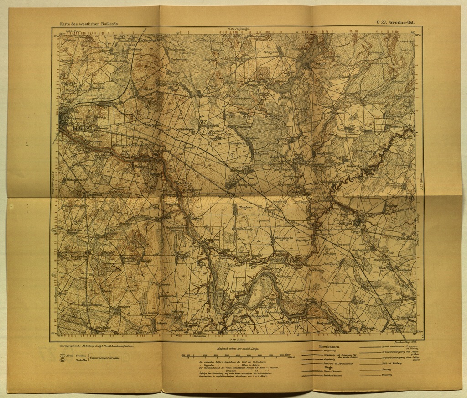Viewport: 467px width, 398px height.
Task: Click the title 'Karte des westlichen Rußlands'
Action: click(88, 23)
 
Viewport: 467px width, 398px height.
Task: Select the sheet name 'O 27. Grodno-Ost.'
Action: click(395, 22)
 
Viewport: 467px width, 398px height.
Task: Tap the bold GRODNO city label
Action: click(83, 129)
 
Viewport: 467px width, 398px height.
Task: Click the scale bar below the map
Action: click(236, 355)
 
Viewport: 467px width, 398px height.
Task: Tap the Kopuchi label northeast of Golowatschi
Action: click(368, 151)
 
